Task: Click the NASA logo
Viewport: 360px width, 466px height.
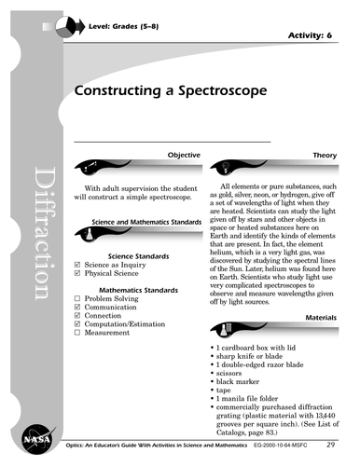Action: click(28, 438)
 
